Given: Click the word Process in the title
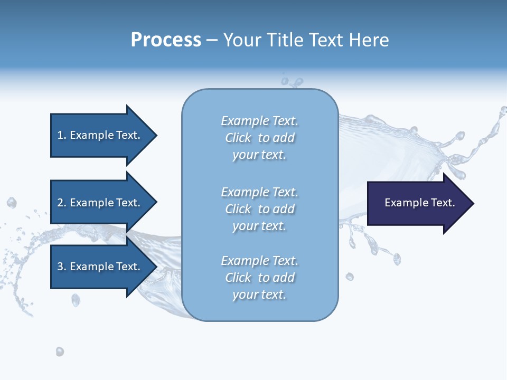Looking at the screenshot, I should click(x=166, y=40).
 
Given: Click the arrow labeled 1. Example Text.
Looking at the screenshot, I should click(x=100, y=135).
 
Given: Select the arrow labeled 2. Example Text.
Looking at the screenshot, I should click(x=100, y=203).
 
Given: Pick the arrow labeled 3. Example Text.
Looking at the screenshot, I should click(x=100, y=267).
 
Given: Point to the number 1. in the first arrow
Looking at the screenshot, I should click(x=62, y=135).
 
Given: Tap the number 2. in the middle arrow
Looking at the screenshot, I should click(x=62, y=203).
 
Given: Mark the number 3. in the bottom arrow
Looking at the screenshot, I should click(x=62, y=267).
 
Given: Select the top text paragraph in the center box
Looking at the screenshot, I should click(x=259, y=138).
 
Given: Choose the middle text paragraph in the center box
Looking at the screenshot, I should click(x=259, y=209).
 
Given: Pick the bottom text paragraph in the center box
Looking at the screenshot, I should click(x=259, y=278).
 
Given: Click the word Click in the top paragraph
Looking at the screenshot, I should click(x=238, y=138).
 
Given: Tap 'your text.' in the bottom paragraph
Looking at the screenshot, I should click(x=259, y=294).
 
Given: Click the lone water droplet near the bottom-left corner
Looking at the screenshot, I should click(x=60, y=351).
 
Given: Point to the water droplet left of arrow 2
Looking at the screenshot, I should click(x=12, y=203).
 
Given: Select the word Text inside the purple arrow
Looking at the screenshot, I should click(x=444, y=203).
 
